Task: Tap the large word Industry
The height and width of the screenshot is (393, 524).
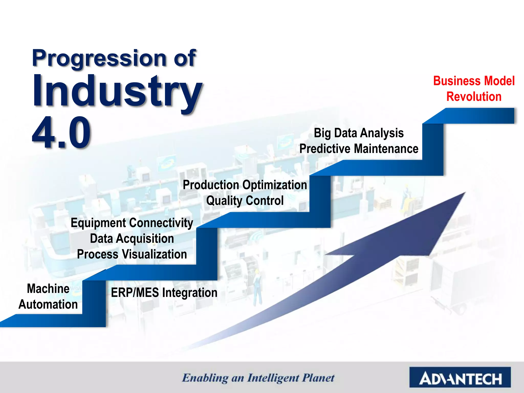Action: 116,91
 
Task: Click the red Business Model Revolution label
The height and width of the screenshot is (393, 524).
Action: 474,89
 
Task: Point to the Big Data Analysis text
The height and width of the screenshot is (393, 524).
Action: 359,133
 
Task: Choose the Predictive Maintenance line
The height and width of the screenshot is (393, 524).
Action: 359,149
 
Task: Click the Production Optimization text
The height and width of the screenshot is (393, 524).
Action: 245,185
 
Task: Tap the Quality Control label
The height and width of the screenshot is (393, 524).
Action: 245,201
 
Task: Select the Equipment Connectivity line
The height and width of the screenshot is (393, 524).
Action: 132,223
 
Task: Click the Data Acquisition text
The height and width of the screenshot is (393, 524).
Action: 132,238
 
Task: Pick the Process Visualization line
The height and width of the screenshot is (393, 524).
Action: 132,254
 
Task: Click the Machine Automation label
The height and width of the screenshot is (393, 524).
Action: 48,297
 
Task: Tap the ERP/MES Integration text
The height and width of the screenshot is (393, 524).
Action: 164,293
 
